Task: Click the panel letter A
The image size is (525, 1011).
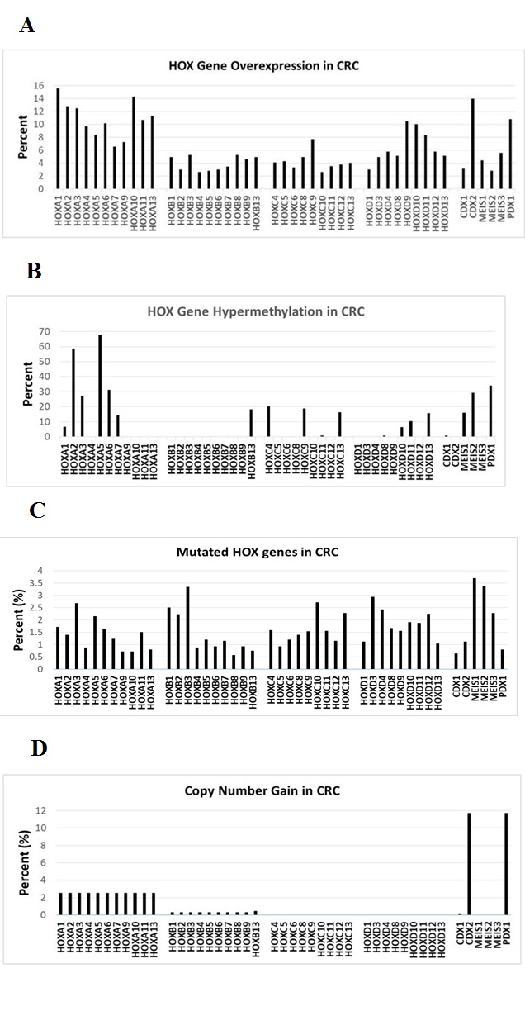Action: point(26,26)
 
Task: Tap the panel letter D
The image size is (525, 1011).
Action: point(39,748)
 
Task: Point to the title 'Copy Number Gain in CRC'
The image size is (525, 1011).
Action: point(262,790)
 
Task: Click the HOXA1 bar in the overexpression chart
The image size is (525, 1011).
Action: point(58,139)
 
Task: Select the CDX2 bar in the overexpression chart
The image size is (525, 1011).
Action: point(473,144)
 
